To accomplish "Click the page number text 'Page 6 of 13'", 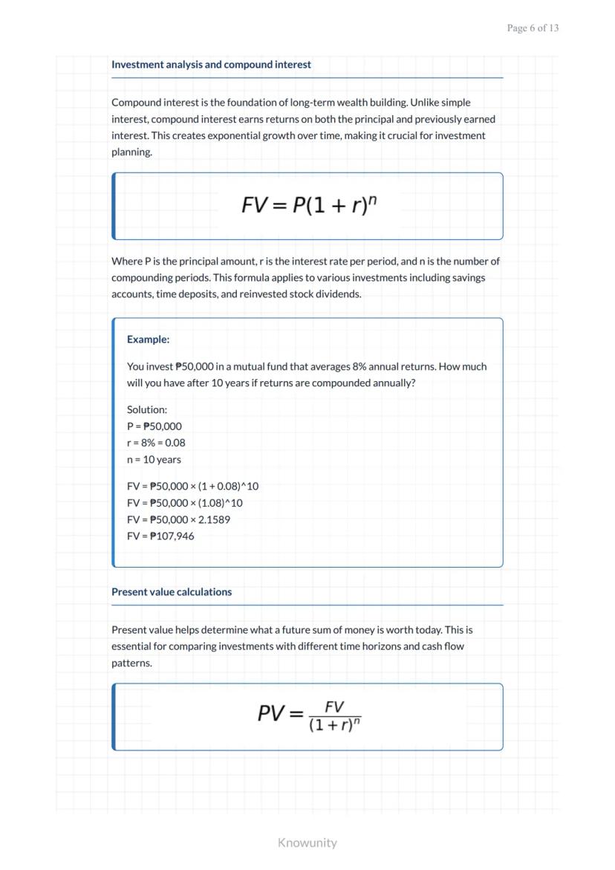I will pos(533,28).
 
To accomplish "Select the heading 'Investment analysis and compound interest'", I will pos(211,65).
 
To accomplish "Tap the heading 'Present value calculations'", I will pos(172,592).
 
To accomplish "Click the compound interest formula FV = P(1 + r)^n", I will pos(309,205).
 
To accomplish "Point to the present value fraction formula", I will pos(309,715).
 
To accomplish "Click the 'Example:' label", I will pos(148,340).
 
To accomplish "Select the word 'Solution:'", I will pos(147,409).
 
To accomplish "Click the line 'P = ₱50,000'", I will pos(154,426).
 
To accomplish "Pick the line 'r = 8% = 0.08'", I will pos(156,443).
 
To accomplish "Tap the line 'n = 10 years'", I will pos(154,460).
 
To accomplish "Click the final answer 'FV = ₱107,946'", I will pos(160,536).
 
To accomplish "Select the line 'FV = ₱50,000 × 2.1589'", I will pos(178,520).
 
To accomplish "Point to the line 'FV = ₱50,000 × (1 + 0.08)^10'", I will pos(192,487).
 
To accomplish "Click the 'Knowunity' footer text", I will pos(307,843).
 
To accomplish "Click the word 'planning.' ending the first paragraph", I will pos(132,152).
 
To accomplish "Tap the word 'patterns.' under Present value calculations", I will pos(132,663).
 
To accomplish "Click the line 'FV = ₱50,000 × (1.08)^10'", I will pos(184,503).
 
